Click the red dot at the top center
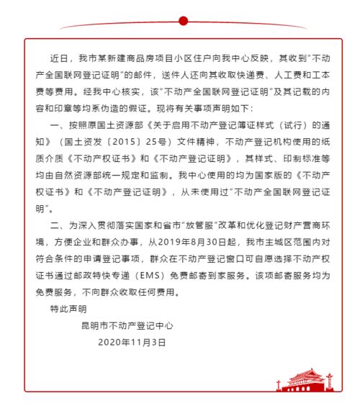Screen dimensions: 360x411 pyautogui.click(x=183, y=21)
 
